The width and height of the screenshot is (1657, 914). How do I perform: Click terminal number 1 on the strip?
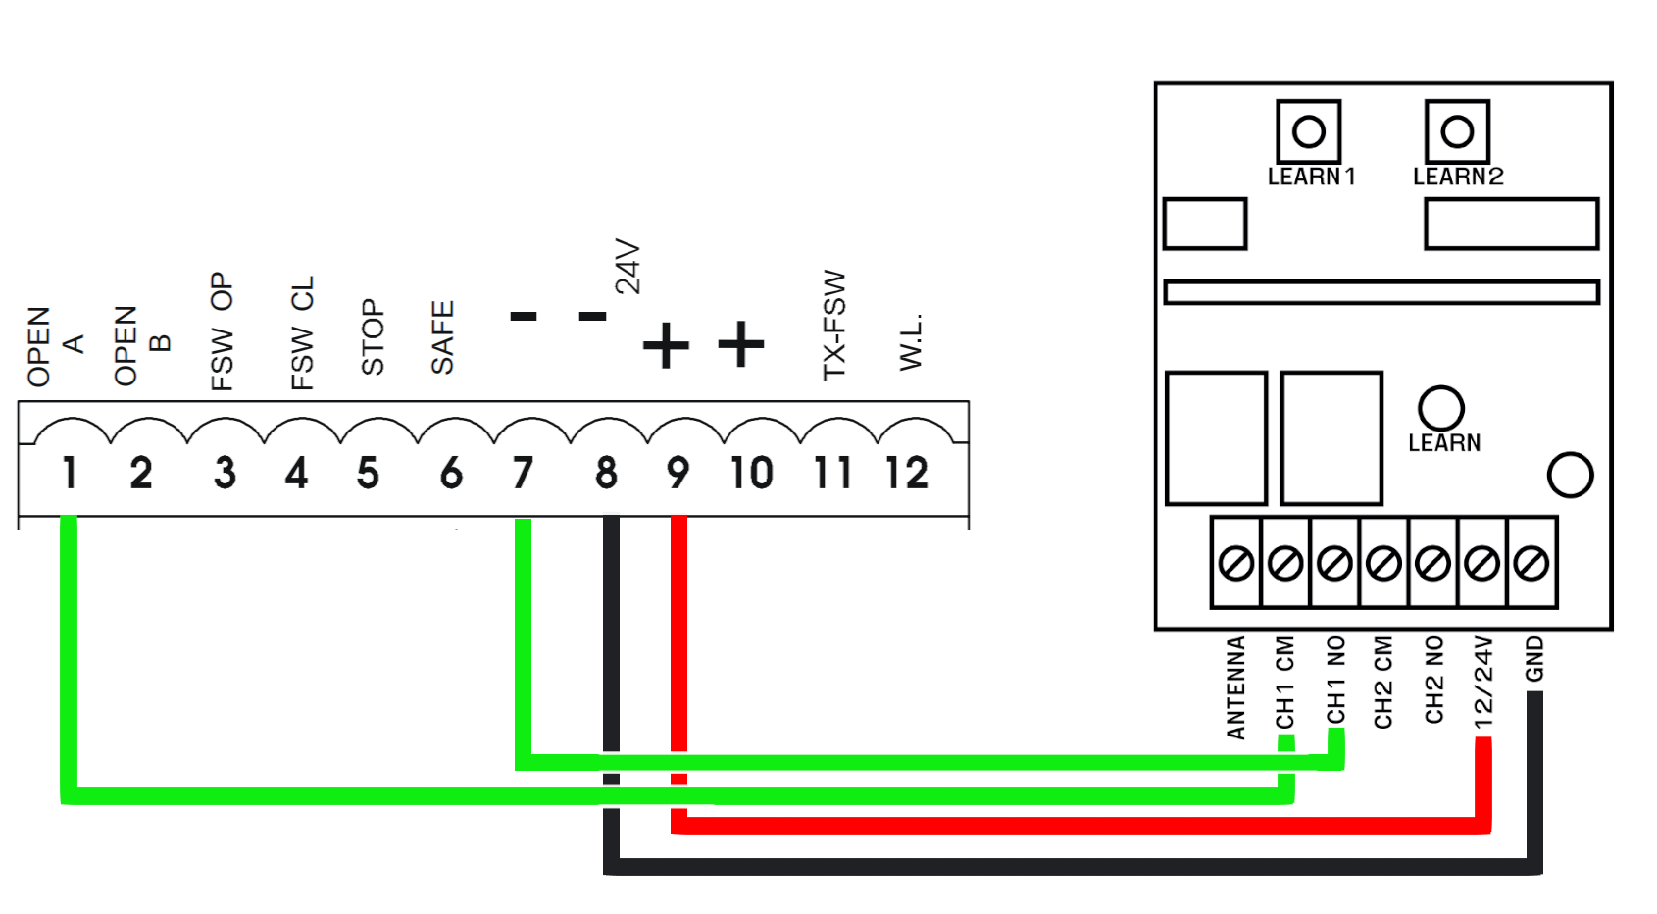71,472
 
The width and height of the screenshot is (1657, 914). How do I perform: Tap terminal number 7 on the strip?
523,472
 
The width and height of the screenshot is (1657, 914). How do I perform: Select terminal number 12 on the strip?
907,472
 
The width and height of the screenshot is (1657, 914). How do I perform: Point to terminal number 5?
369,472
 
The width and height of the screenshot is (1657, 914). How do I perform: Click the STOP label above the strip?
373,336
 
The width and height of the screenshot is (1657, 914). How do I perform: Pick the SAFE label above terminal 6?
442,336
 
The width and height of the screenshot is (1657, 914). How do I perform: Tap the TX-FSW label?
833,326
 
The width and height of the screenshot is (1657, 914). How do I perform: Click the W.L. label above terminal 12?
912,342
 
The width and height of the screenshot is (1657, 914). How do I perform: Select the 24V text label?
628,267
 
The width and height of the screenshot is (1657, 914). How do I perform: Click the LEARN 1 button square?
1309,131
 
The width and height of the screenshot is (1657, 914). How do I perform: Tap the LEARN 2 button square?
1457,131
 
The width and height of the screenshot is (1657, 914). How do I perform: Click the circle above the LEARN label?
1441,408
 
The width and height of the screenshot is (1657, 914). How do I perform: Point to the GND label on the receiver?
1534,659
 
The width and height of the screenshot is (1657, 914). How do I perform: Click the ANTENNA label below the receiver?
1235,687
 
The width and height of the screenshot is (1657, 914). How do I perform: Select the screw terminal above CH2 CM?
1383,563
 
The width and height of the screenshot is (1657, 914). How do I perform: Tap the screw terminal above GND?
1531,563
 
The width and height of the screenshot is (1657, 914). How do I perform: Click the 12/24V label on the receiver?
1483,683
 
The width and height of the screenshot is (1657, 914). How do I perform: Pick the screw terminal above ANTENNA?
1235,563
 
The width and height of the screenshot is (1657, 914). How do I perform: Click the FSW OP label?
222,331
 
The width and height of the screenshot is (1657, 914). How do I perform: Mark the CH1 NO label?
1335,681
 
